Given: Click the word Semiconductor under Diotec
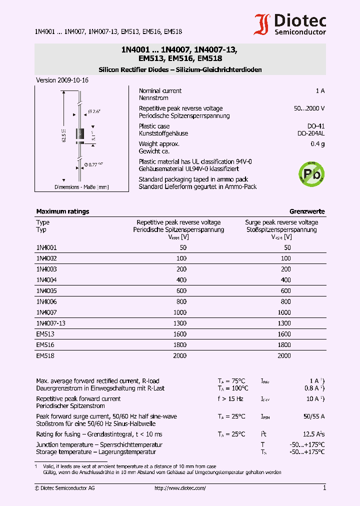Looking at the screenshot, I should click(300, 32).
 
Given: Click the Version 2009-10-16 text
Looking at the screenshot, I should click(62, 80).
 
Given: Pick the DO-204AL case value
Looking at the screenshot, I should click(310, 133).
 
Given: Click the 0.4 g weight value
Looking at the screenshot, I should click(317, 144).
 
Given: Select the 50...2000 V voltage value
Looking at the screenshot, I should click(309, 108).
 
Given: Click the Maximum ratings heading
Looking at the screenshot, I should click(62, 211).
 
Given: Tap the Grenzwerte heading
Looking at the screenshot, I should click(307, 211).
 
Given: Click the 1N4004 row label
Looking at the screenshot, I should click(46, 280).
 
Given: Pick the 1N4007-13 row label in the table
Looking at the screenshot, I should click(50, 323).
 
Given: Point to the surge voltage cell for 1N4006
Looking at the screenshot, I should click(285, 301).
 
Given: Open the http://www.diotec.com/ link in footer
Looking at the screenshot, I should click(180, 488).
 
